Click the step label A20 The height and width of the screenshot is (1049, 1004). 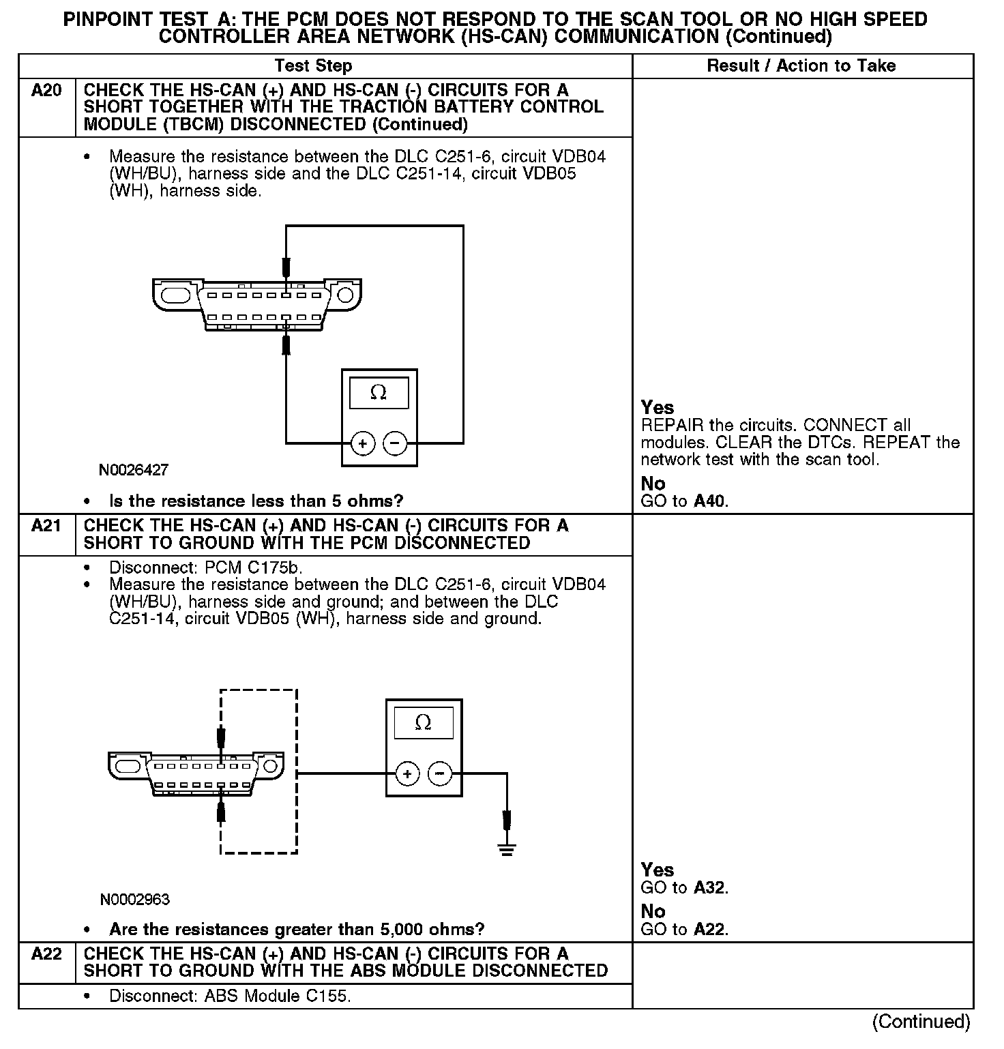coord(46,91)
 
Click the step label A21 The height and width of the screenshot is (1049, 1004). coord(46,526)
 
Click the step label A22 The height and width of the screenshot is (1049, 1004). coord(46,954)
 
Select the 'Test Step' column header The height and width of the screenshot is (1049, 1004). coord(313,66)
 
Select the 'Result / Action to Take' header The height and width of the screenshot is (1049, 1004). coord(801,66)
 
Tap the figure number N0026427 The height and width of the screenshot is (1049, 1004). coord(134,470)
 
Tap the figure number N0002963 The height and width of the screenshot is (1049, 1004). coord(135,900)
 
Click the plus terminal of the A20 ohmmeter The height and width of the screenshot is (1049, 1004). coord(363,444)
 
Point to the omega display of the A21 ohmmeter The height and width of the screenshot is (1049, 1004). coord(424,723)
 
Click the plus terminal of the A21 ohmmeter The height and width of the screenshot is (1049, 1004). coord(407,774)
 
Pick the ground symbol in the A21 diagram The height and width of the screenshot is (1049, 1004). coord(506,849)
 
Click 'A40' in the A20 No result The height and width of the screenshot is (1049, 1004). coord(711,501)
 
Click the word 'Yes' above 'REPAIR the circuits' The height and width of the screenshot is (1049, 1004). coord(658,408)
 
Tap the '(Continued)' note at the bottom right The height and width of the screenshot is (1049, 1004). coord(921,1022)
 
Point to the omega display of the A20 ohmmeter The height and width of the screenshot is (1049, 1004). coord(379,394)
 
